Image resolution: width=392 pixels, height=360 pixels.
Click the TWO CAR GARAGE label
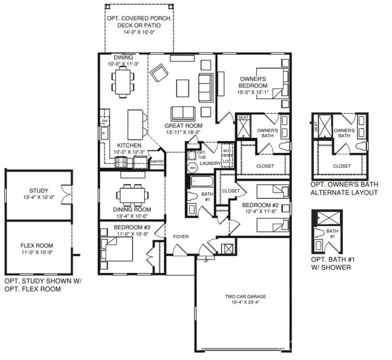coord(246,296)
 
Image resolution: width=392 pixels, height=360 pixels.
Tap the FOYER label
coord(181,236)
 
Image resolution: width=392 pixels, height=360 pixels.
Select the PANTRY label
coord(157,161)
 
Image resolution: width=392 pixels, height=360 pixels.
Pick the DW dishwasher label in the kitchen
coord(104,121)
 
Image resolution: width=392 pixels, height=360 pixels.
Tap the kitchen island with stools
coord(136,123)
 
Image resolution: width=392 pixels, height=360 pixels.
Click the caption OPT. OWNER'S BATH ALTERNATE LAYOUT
coord(343,189)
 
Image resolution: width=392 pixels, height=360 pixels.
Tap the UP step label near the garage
coord(207,262)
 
